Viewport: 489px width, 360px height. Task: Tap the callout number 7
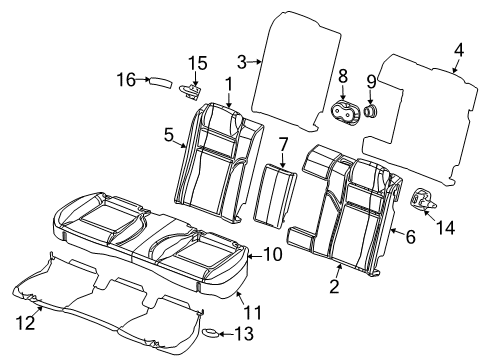(x=283, y=144)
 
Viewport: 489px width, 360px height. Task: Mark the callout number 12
(x=30, y=321)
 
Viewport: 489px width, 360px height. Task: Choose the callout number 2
(x=335, y=288)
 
